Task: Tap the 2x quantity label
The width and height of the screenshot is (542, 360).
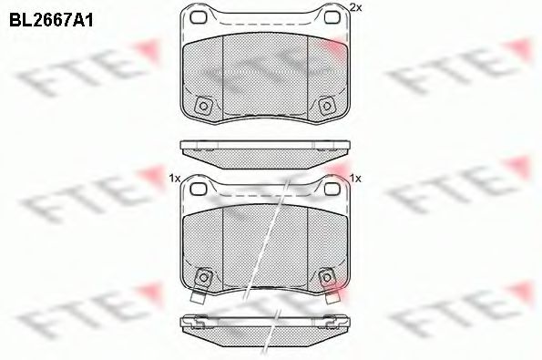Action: pyautogui.click(x=355, y=8)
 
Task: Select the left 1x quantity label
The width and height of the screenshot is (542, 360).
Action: pyautogui.click(x=174, y=178)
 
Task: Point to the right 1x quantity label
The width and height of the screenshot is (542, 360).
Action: pyautogui.click(x=356, y=178)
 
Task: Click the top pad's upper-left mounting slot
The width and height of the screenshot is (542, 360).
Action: pyautogui.click(x=198, y=18)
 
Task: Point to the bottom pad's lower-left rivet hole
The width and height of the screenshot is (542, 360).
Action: pyautogui.click(x=204, y=276)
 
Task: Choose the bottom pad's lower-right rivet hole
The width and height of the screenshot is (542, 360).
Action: pyautogui.click(x=328, y=276)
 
